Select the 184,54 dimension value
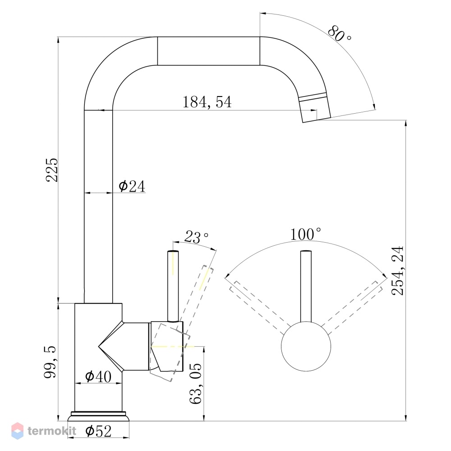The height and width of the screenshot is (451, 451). [207, 102]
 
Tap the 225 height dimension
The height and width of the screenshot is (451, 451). [52, 170]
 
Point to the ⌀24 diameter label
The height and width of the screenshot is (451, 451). [132, 186]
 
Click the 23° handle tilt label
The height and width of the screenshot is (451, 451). [197, 237]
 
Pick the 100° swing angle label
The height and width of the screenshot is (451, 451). [305, 234]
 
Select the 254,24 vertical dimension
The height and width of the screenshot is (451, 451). [398, 271]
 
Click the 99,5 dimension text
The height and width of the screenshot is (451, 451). [51, 362]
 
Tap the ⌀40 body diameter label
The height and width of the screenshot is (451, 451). [98, 376]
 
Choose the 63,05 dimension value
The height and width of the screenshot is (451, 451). [196, 383]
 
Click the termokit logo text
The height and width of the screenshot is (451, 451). [52, 431]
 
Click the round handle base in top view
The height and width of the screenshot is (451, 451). [306, 346]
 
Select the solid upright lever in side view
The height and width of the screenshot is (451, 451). [173, 286]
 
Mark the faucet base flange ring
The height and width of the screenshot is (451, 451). [98, 416]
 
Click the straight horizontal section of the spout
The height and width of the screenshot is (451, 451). [208, 51]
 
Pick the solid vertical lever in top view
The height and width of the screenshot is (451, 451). [306, 286]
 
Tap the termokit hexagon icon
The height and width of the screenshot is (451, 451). [17, 431]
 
